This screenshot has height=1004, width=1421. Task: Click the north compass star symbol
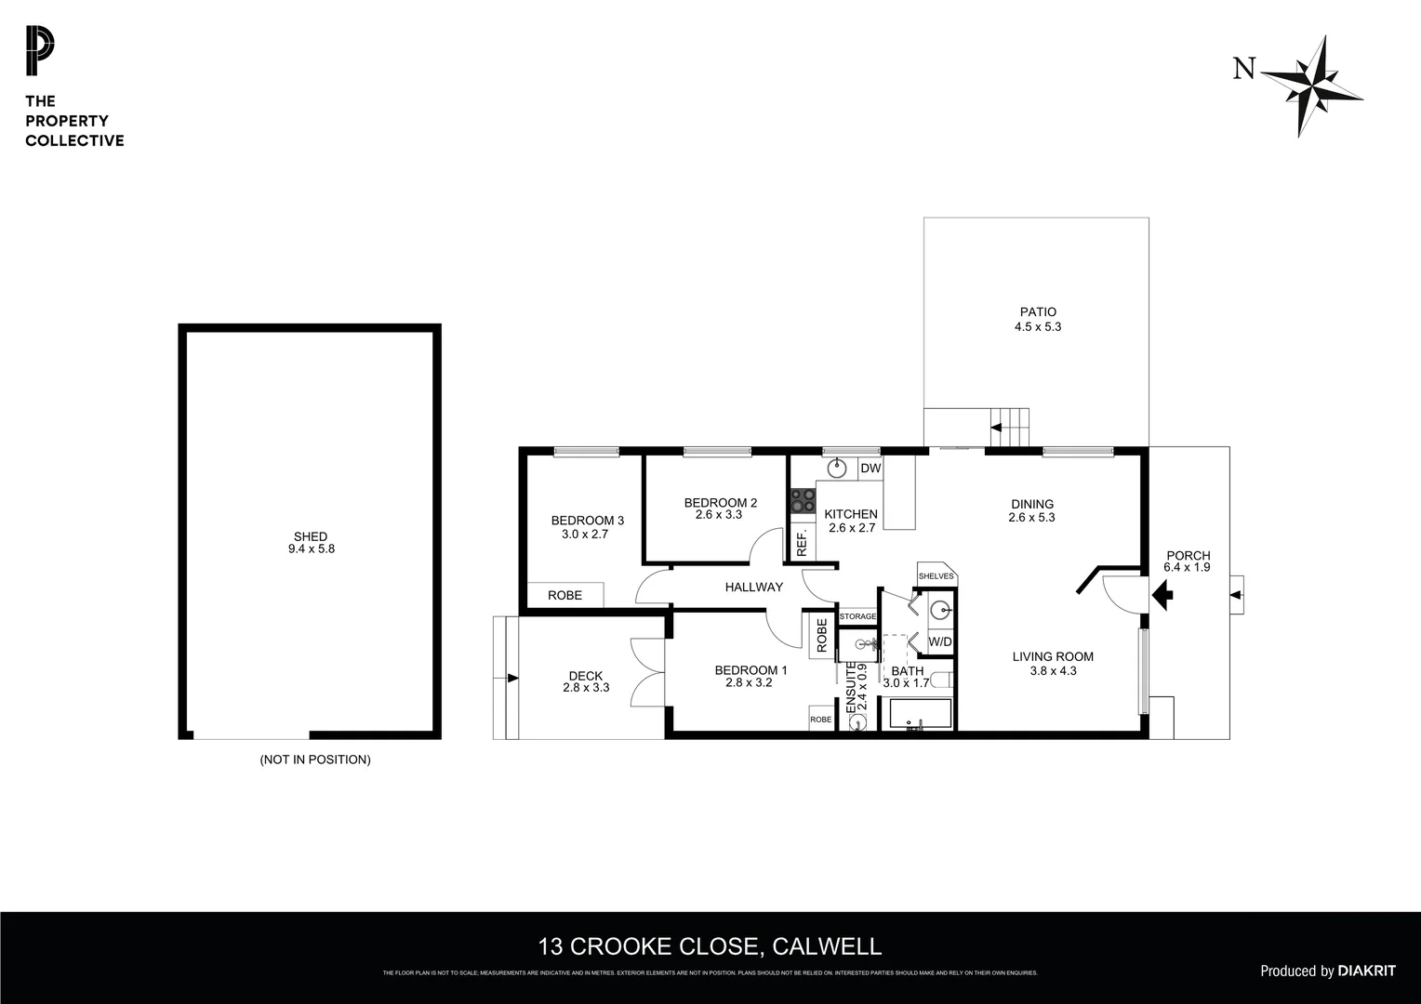1314,86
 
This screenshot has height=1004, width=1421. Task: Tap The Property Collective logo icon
40,51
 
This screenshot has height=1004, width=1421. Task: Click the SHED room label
310,536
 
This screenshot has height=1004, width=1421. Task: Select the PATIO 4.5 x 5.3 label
1037,320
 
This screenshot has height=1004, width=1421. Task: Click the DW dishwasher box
870,469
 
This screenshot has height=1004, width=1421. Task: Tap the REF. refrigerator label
802,543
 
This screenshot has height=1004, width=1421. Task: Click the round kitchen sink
837,468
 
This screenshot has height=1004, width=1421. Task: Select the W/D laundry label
940,641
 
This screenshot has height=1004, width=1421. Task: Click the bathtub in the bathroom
921,715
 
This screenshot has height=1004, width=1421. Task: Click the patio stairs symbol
1009,428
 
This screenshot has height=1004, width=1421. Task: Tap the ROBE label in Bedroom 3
564,595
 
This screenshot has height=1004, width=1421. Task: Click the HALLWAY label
754,587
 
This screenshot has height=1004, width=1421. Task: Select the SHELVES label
936,576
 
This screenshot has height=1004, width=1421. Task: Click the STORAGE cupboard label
857,616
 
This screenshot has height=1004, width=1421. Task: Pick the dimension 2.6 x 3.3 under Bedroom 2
719,515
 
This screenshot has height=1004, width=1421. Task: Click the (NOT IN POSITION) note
315,760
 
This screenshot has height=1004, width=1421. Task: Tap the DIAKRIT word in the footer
1366,971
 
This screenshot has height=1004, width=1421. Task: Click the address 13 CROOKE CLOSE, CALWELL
710,946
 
